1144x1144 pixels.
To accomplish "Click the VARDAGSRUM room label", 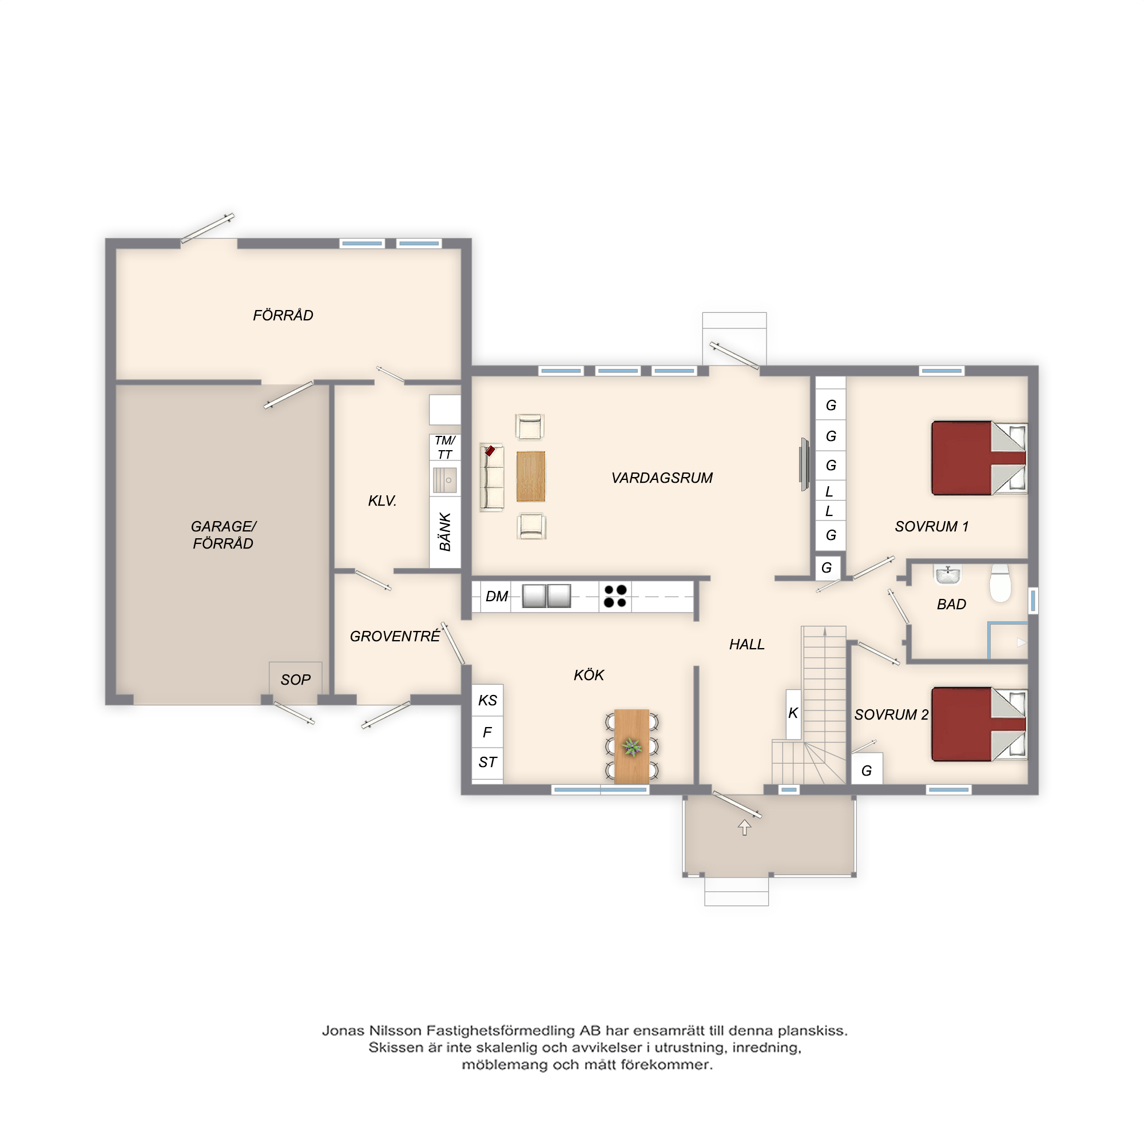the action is pos(662,478).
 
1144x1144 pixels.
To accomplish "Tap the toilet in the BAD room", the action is pos(1000,583).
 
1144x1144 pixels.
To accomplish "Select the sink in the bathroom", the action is pos(948,574).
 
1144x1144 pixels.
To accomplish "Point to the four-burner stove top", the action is pos(615,596).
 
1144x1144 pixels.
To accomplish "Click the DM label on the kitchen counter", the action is pos(497,596).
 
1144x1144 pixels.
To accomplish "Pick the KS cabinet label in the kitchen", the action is pos(487,701).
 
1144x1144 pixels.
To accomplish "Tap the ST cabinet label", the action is pos(487,762).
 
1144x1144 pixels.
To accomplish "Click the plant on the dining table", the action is pos(632,747).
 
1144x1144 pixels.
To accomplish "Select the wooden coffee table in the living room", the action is pos(531,476).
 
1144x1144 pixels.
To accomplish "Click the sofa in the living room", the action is pos(491,477).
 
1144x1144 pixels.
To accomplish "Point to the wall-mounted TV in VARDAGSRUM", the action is pos(804,464).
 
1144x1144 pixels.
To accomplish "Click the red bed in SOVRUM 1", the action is pos(979,458).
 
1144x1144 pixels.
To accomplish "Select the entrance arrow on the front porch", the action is pos(744,827).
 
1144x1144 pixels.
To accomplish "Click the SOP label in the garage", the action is pos(296,680).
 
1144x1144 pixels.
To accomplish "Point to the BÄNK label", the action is pos(445,532).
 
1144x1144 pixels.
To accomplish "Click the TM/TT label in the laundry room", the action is pos(444,448).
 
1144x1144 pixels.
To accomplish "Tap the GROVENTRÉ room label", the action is pos(395,636).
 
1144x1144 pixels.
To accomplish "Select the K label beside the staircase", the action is pos(793,713).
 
